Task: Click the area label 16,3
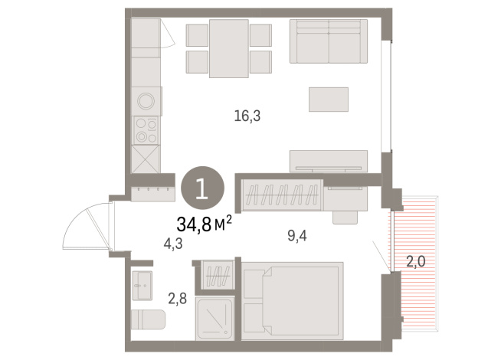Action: coord(247,116)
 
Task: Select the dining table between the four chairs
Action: coord(229,47)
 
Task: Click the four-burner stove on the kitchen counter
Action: coord(146,130)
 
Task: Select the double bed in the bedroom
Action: coord(292,299)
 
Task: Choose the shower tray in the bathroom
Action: coord(217,316)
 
